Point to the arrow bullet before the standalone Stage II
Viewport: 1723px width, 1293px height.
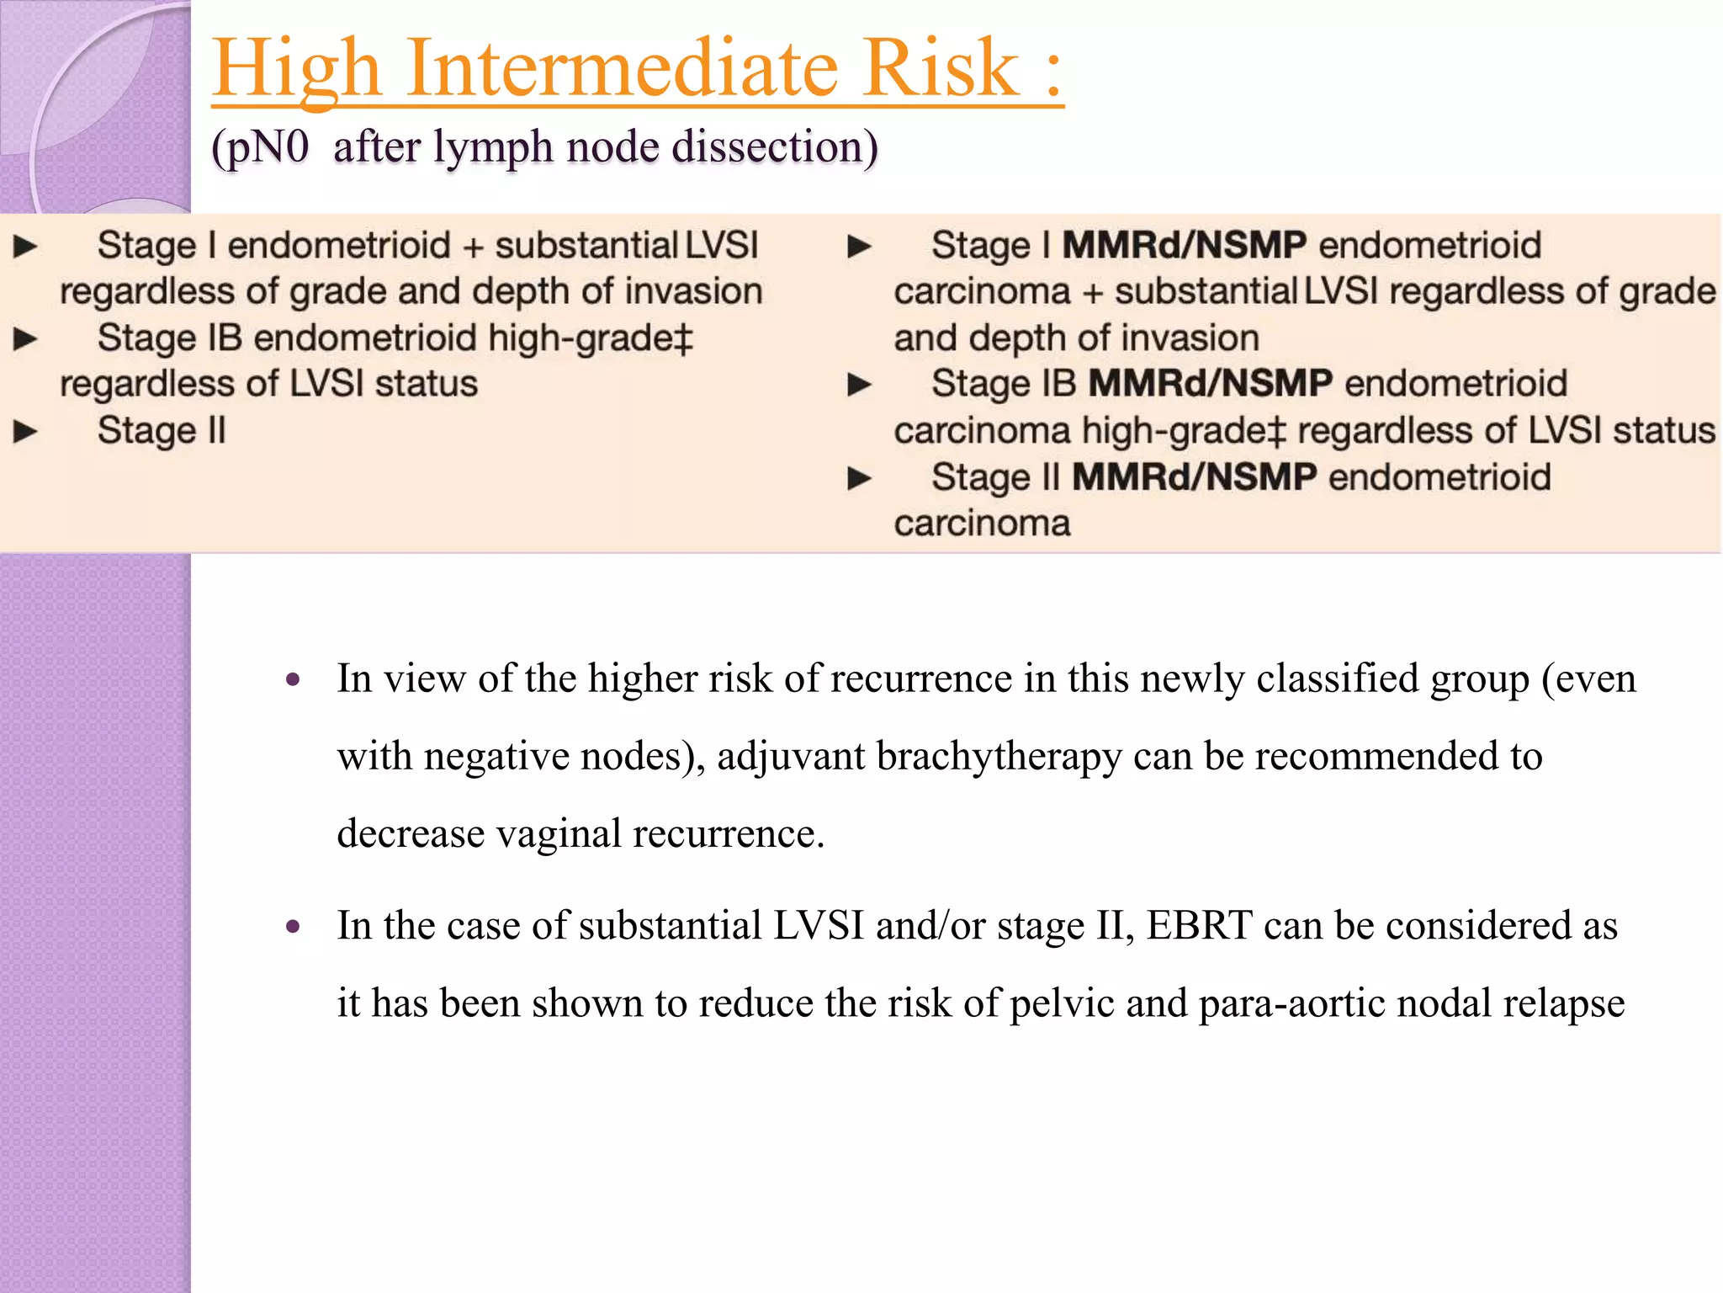pyautogui.click(x=26, y=432)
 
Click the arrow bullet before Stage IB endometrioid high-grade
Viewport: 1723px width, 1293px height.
pyautogui.click(x=26, y=339)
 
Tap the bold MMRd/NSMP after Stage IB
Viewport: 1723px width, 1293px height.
pyautogui.click(x=1210, y=384)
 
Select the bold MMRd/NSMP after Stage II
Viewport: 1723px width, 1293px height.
pyautogui.click(x=1194, y=477)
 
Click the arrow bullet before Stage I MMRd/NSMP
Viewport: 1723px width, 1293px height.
pyautogui.click(x=859, y=247)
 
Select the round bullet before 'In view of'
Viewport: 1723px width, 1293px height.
pyautogui.click(x=293, y=679)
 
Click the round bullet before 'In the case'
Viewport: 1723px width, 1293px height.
pyautogui.click(x=293, y=927)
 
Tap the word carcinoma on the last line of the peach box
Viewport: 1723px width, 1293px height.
pyautogui.click(x=982, y=524)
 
